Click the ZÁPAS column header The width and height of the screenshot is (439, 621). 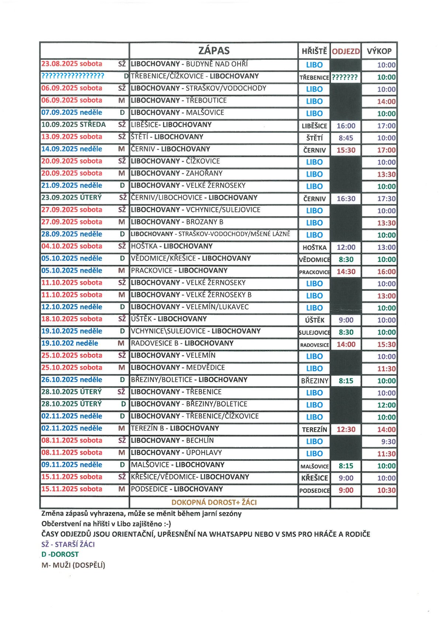click(x=214, y=51)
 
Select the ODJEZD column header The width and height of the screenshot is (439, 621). click(x=346, y=51)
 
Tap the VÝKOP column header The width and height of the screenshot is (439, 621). click(x=379, y=51)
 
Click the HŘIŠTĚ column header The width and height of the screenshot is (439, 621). click(x=314, y=51)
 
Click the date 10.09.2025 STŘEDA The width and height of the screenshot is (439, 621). click(x=73, y=125)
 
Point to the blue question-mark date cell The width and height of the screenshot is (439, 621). click(x=73, y=76)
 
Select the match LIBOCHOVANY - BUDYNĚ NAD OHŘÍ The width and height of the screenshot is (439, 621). click(x=189, y=64)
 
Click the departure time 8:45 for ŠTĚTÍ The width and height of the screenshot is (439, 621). click(x=346, y=138)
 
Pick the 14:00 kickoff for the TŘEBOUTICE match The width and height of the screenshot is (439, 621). click(x=386, y=101)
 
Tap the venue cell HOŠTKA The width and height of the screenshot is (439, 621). click(x=314, y=248)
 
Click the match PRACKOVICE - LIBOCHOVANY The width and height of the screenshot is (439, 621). click(x=179, y=270)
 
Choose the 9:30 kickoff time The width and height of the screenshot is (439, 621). click(x=388, y=442)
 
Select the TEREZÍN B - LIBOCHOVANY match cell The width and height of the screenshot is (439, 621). click(x=175, y=428)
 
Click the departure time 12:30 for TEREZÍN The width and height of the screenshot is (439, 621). click(x=346, y=429)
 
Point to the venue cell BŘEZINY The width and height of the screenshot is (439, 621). click(x=314, y=381)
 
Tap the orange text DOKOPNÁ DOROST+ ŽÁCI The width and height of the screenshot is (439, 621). click(x=214, y=502)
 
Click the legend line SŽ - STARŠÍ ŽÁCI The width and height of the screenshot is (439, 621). click(x=68, y=544)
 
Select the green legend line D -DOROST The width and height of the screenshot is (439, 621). click(x=60, y=554)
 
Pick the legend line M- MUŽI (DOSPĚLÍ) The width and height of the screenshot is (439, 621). click(x=73, y=565)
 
